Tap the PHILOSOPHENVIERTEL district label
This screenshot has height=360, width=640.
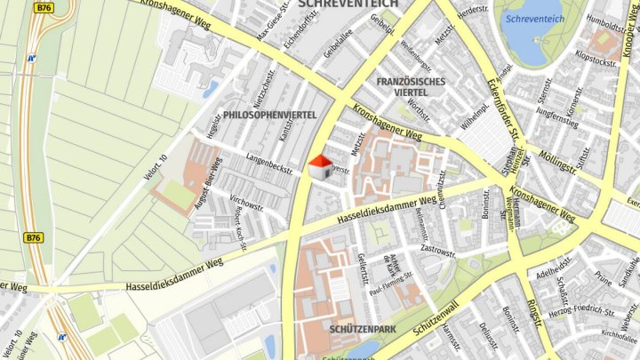[269, 116]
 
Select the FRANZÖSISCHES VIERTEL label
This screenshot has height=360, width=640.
[410, 87]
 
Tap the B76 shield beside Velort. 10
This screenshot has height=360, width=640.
[34, 237]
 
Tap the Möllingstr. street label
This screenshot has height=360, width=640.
[557, 164]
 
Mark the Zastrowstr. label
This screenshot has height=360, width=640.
[438, 252]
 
